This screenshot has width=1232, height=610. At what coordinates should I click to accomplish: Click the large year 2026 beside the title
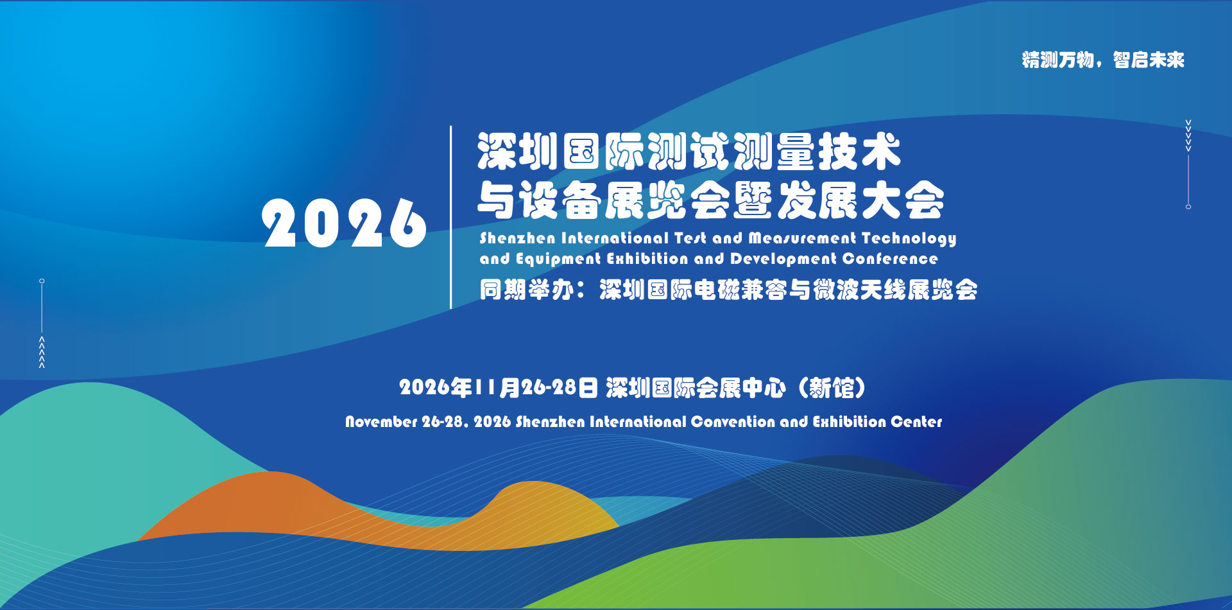[x=344, y=223]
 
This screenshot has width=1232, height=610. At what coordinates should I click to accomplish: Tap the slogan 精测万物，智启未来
[x=1103, y=60]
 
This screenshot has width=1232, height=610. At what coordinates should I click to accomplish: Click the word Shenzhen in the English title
[x=517, y=238]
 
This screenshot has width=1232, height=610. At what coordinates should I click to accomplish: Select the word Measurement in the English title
[x=802, y=238]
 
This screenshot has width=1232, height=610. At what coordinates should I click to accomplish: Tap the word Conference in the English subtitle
[x=890, y=259]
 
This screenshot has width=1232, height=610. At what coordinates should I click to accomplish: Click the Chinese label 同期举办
[x=526, y=290]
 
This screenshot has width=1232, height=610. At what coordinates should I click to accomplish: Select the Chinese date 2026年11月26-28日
[x=499, y=388]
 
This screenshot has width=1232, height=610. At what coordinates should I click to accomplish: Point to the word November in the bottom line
[x=381, y=422]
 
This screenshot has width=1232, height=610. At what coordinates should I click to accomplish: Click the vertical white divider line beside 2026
[x=451, y=217]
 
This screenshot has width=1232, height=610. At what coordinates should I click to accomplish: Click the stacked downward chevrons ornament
[x=1188, y=135]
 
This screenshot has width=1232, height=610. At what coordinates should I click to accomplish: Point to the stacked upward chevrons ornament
[x=42, y=352]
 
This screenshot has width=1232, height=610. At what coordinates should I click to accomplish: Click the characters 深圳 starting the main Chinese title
[x=518, y=152]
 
